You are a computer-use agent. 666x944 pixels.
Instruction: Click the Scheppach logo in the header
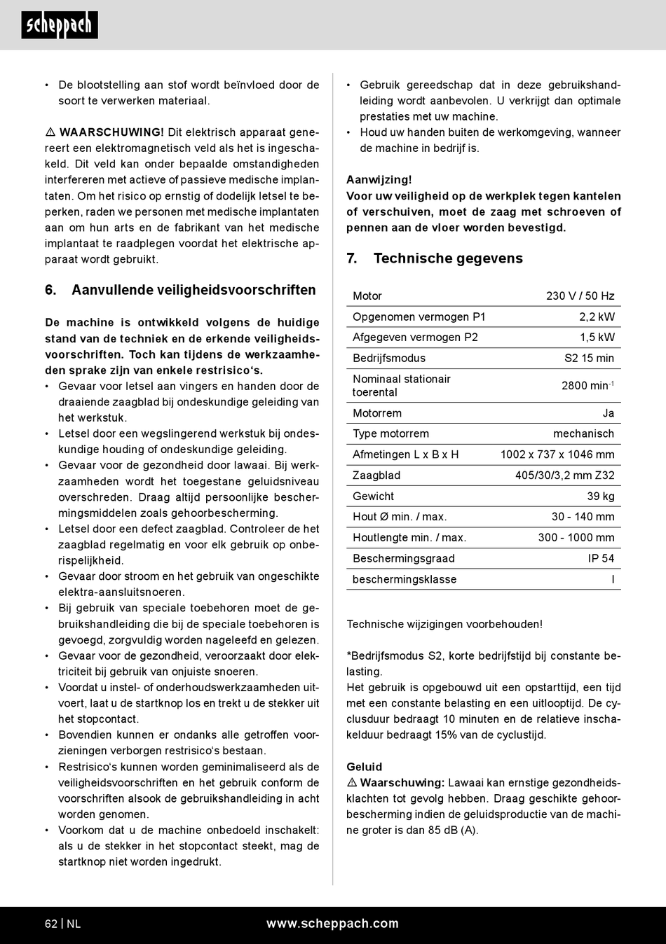(x=60, y=25)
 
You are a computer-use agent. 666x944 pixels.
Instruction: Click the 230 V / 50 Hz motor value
(x=580, y=296)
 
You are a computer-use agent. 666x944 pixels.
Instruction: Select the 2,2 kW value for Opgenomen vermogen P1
(x=597, y=317)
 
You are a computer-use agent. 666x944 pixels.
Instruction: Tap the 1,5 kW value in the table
(x=597, y=338)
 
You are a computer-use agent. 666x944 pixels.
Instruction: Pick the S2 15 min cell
(x=589, y=359)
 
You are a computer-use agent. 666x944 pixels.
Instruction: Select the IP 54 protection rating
(x=601, y=559)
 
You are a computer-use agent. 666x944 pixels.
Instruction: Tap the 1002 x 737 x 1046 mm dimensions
(x=557, y=454)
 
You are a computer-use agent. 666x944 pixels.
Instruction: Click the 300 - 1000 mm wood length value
(x=576, y=538)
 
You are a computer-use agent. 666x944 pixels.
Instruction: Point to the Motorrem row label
(x=377, y=413)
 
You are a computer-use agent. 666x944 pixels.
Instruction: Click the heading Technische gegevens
(x=448, y=258)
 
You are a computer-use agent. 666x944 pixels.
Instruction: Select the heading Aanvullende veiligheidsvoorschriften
(x=193, y=290)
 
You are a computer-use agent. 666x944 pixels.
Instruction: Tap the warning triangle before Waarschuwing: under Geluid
(x=352, y=783)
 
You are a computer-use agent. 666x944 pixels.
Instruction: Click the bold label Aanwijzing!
(x=379, y=180)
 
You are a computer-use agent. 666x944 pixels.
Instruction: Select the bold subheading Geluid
(x=365, y=767)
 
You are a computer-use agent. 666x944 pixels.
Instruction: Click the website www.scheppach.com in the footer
(x=332, y=924)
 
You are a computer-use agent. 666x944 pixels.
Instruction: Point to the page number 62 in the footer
(x=51, y=924)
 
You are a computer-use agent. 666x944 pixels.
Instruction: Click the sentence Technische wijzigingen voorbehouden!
(x=444, y=625)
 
